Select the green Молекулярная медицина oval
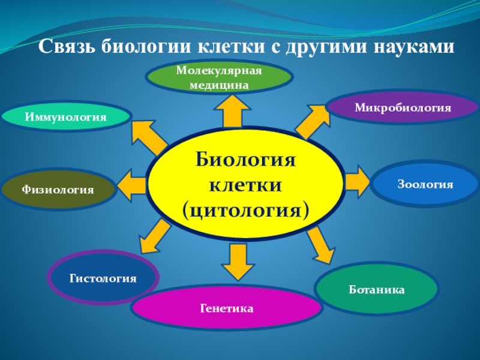[220, 78]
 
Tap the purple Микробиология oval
[402, 108]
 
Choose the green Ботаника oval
[377, 290]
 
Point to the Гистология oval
[103, 278]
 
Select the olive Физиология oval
[58, 190]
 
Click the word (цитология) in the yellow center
[246, 210]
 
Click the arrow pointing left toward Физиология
[133, 182]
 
